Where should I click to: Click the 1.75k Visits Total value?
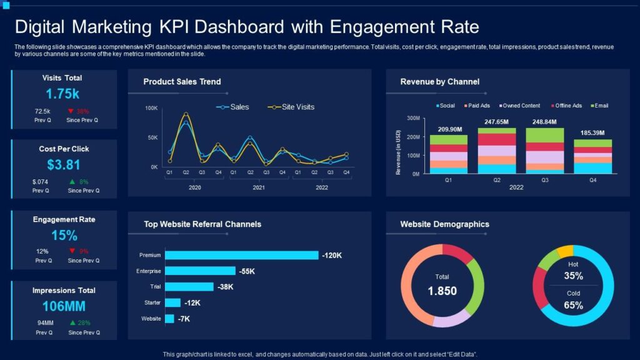click(62, 94)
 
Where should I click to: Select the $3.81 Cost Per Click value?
click(64, 165)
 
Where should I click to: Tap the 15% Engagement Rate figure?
click(64, 236)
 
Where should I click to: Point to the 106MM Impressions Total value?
click(64, 306)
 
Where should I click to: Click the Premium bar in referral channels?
click(241, 255)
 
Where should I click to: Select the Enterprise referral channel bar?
click(200, 271)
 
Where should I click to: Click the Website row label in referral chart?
click(151, 319)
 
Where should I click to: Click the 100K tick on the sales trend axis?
click(151, 108)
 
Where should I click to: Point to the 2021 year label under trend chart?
click(257, 187)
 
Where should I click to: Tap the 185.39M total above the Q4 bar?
click(593, 133)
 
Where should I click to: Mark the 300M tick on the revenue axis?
click(412, 118)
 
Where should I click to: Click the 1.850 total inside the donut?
click(442, 291)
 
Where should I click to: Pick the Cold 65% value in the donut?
click(573, 306)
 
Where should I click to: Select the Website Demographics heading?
click(444, 224)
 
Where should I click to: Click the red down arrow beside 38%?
click(71, 111)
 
